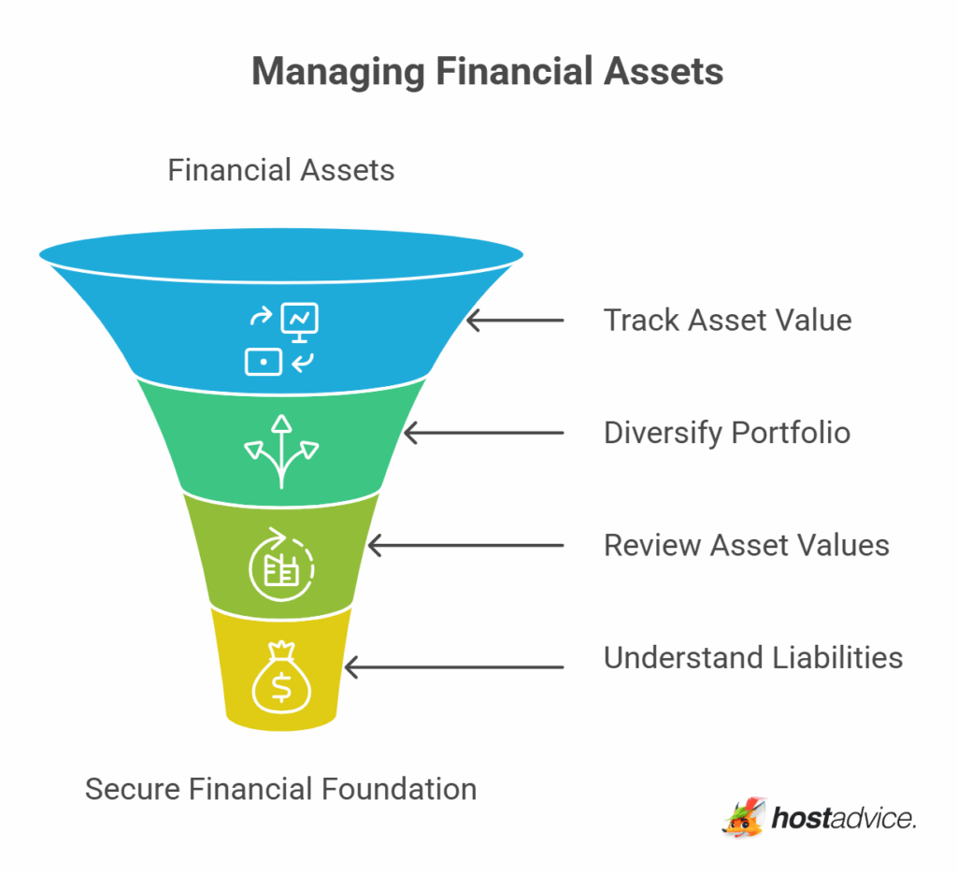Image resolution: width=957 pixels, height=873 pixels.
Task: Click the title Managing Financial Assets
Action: pos(487,72)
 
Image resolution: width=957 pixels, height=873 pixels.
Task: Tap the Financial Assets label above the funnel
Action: pos(280,170)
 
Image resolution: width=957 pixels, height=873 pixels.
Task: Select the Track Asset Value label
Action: pos(727,321)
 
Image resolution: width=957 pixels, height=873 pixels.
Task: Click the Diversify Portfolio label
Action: pos(727,433)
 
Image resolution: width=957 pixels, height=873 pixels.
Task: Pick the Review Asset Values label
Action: pos(746,545)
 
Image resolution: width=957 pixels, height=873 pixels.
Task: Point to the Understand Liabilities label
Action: pos(752,657)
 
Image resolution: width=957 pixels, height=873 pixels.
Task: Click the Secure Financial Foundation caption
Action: pos(280,789)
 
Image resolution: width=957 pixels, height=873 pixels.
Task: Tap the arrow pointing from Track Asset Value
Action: pos(515,321)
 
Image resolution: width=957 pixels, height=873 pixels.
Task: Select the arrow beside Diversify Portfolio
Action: pos(483,433)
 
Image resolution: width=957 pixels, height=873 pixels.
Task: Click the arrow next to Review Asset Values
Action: pos(465,545)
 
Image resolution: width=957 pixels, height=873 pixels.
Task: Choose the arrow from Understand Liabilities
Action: pos(454,666)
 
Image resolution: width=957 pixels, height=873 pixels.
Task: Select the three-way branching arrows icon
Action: pos(280,451)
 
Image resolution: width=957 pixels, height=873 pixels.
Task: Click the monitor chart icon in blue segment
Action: pos(300,321)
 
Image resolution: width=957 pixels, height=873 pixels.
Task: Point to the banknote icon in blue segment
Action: pos(264,361)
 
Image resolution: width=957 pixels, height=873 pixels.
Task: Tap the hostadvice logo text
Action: pos(843,819)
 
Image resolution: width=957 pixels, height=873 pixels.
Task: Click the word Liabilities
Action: pos(837,657)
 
